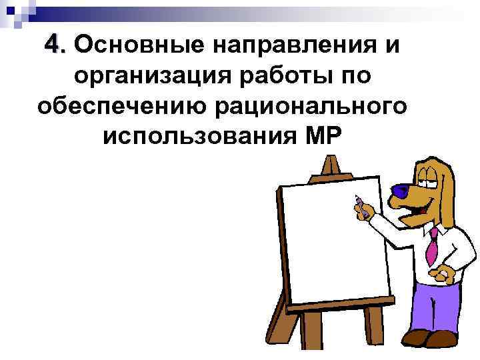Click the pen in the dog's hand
pyautogui.click(x=359, y=203)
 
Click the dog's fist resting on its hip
pyautogui.click(x=440, y=273)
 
